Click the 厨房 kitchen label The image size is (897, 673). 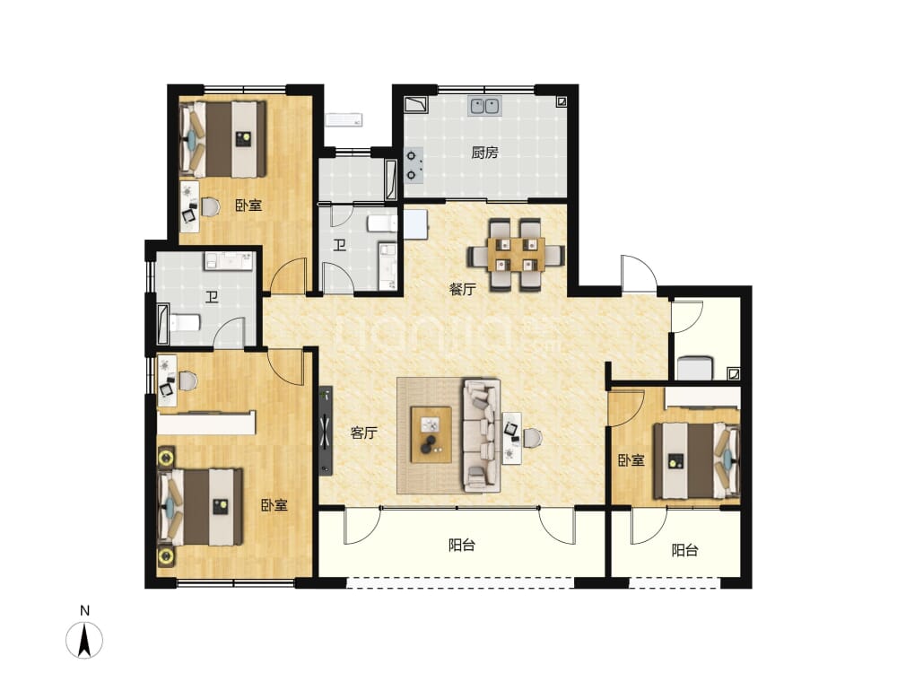coord(484,153)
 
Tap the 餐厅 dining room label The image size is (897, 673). coord(462,289)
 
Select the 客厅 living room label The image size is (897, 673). coord(364,433)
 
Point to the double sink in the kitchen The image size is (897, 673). coord(485,106)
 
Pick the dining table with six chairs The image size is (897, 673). coord(517,254)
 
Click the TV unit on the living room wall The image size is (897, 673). coord(326,431)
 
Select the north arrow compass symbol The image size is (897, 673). coord(84,640)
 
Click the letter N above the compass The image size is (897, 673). coord(84,610)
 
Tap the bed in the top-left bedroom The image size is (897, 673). coord(223,139)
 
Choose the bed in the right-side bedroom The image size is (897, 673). coord(697,460)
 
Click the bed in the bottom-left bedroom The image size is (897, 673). coord(200,507)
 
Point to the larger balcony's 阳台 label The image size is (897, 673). coord(462,545)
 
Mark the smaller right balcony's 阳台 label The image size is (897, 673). coord(684,551)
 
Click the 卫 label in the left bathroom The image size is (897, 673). coord(213,297)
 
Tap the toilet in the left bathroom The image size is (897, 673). coord(184,323)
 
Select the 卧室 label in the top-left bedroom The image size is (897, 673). coord(248,205)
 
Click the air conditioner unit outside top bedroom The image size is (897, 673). coord(344,120)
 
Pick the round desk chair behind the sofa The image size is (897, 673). coord(532,438)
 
